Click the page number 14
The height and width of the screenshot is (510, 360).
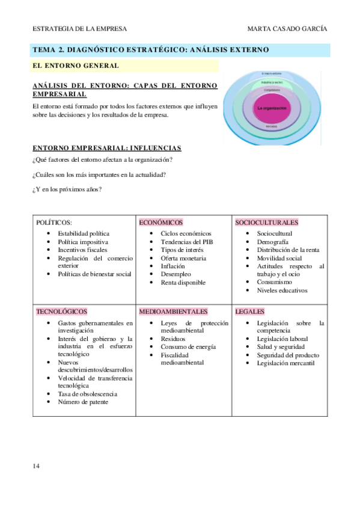37,465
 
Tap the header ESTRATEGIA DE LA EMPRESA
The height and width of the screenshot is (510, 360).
79,29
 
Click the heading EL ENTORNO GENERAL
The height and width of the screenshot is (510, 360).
75,65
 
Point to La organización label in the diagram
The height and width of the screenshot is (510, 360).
272,108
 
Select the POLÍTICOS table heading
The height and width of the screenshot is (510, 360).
54,223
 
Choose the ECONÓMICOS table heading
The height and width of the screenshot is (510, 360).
160,223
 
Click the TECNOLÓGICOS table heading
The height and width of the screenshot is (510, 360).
62,312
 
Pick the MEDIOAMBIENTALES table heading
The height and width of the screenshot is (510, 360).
174,312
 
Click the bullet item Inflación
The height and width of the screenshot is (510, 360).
173,266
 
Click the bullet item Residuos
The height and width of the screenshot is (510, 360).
174,339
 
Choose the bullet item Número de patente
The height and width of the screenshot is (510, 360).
83,402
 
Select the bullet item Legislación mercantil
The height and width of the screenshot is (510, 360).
285,363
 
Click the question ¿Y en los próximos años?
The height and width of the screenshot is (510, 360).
67,190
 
